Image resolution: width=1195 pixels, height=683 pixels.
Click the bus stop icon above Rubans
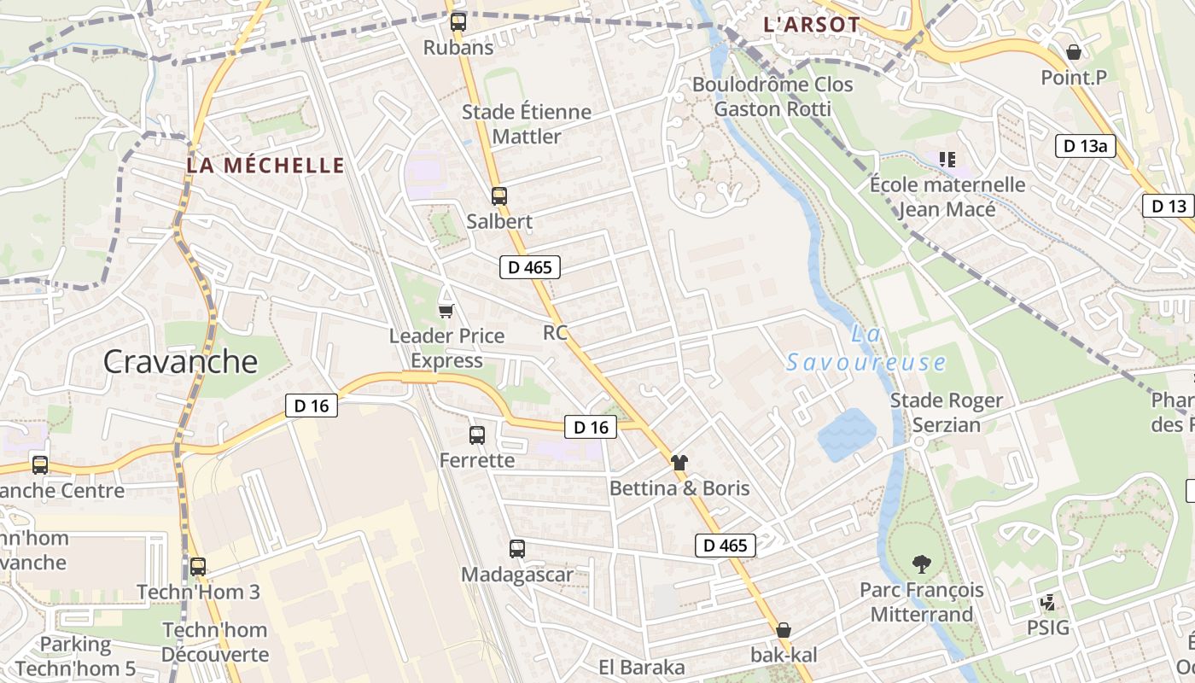pos(458,22)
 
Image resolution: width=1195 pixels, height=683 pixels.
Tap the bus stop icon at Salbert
pos(499,196)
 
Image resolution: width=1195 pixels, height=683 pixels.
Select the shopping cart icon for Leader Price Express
pos(446,310)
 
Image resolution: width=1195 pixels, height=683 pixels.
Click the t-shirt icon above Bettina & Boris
pos(679,463)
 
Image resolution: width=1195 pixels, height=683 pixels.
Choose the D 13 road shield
pos(1169,206)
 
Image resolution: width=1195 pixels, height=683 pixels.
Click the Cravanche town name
pos(180,362)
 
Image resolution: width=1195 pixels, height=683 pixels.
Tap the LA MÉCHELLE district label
pos(265,166)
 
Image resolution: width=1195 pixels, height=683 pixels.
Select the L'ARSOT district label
pos(811,25)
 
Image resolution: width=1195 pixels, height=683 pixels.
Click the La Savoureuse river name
pos(866,349)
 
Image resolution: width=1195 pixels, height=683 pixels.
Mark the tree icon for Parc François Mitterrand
pos(921,564)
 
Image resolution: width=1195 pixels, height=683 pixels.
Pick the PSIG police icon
pos(1048,604)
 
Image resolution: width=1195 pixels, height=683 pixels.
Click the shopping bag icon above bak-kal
pos(784,630)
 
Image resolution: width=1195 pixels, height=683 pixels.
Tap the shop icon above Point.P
pos(1074,52)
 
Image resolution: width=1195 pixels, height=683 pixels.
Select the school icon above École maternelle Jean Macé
pos(947,159)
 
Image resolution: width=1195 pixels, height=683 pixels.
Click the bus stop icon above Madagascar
pos(516,549)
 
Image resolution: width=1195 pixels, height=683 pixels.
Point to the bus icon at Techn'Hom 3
pos(198,566)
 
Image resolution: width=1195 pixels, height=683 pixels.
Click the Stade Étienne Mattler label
pos(527,124)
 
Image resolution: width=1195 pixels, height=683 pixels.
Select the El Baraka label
pos(642,668)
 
